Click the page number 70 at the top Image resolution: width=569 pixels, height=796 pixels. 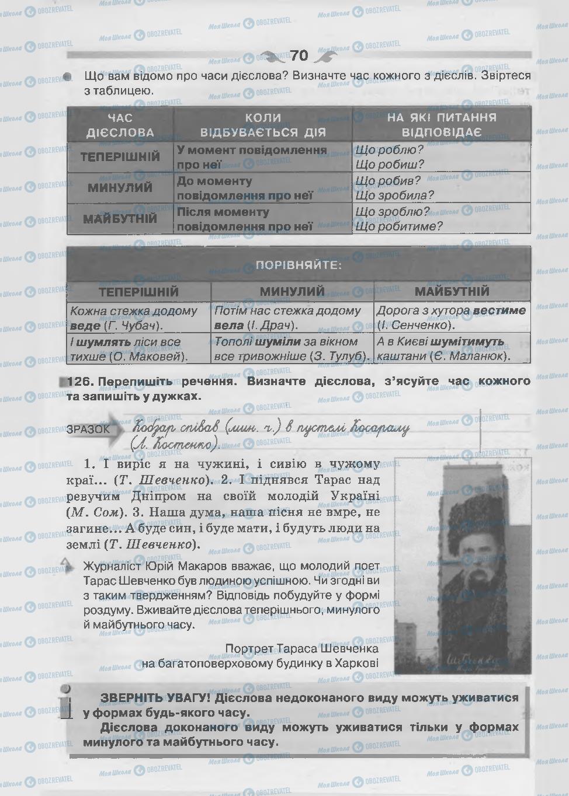pos(299,55)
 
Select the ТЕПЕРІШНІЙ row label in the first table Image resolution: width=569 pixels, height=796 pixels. pos(120,157)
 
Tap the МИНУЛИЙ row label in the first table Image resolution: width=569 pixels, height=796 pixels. pos(120,188)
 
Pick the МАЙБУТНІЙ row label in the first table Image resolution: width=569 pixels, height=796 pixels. pos(120,219)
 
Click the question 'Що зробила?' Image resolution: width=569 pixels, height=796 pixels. pos(394,195)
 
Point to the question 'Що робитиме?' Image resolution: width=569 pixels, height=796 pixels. pos(399,226)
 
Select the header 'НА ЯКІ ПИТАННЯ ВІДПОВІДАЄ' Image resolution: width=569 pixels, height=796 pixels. pos(442,124)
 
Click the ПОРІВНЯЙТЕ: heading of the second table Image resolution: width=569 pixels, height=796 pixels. pos(299,266)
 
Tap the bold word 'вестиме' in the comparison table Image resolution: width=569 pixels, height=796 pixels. pos(499,310)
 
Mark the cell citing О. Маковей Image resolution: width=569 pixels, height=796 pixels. pos(138,348)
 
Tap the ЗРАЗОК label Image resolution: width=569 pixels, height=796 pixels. pos(88,429)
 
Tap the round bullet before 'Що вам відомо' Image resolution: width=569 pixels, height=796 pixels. pos(67,76)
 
